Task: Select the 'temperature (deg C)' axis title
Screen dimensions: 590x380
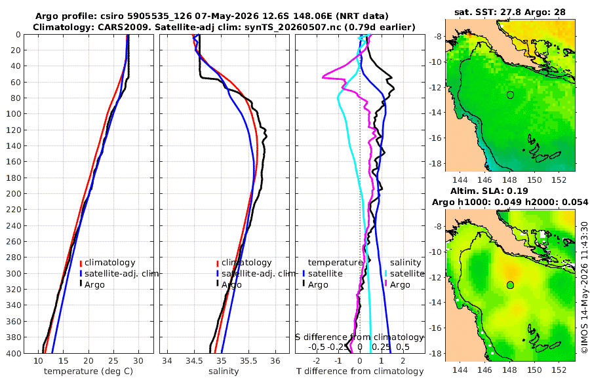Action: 88,371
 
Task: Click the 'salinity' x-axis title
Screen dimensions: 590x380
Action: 224,371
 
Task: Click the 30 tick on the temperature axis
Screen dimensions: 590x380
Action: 138,361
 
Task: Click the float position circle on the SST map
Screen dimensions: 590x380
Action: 510,95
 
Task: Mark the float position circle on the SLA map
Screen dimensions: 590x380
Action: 510,285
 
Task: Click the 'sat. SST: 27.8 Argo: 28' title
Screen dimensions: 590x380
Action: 510,12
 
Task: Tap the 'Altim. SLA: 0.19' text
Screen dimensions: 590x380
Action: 489,191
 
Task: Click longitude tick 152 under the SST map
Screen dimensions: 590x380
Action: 559,180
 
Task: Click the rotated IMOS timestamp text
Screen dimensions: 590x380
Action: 584,287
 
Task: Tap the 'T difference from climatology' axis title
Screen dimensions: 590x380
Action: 360,371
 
